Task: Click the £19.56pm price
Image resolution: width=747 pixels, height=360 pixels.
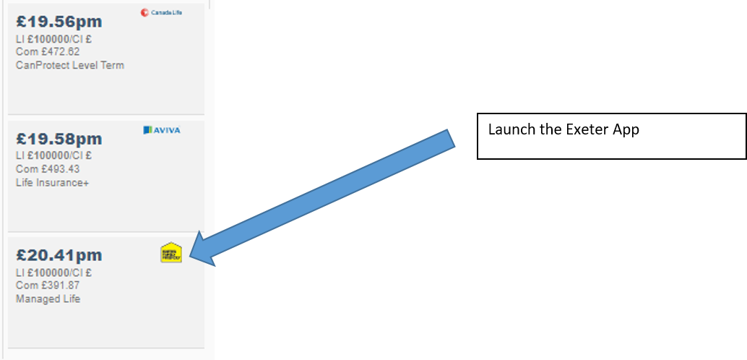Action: [59, 22]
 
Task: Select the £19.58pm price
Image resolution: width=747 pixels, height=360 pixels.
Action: [59, 139]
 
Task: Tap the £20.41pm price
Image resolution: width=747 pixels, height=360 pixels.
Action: [59, 256]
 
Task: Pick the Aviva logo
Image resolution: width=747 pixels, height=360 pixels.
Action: [162, 130]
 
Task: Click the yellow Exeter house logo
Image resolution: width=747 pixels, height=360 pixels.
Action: [171, 252]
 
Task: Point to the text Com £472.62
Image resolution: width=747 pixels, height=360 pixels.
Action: [48, 52]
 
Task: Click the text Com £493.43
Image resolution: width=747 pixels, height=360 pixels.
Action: [48, 169]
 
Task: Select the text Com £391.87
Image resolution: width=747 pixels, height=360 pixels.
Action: [48, 286]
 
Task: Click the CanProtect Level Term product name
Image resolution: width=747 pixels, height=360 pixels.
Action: [69, 65]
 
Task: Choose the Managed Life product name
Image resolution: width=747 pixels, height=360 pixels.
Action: [48, 299]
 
